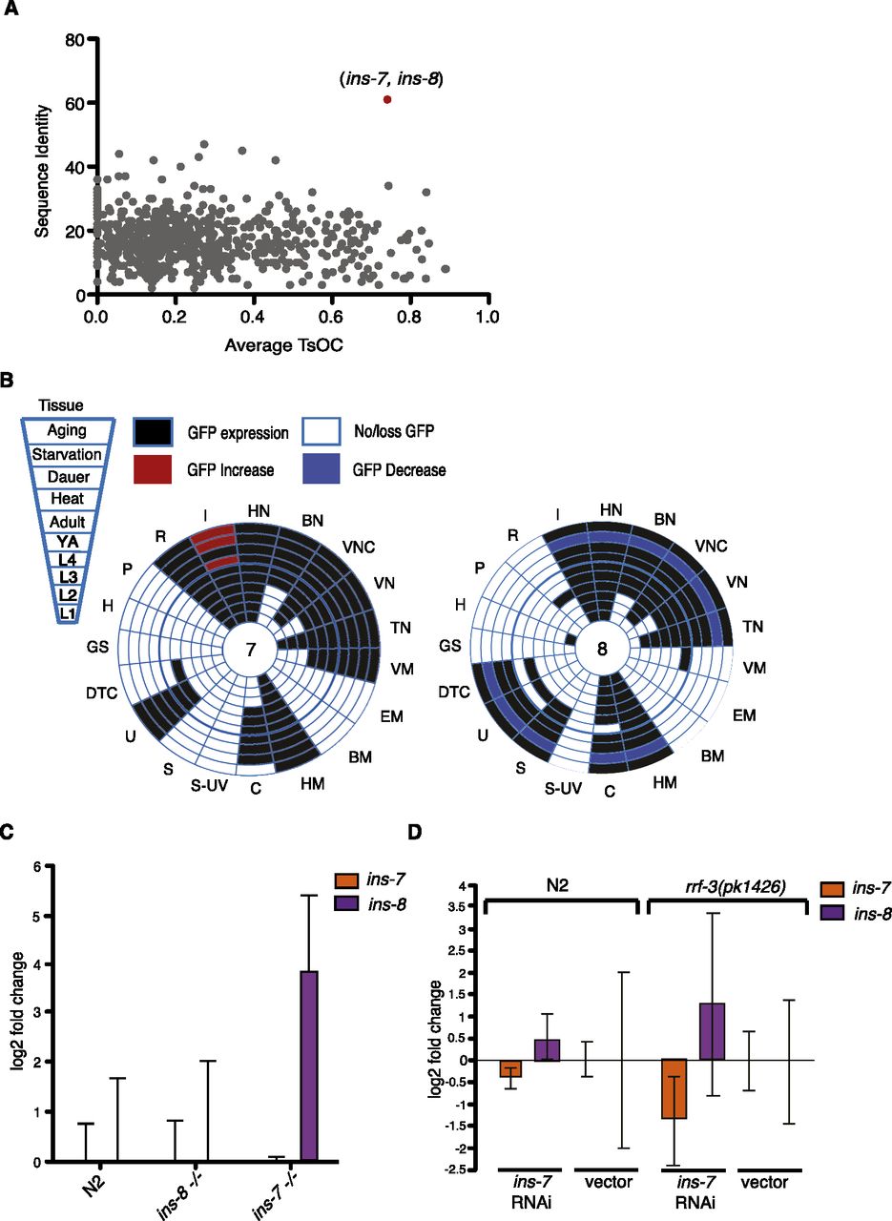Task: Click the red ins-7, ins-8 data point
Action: [387, 99]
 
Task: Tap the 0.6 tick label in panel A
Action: [331, 315]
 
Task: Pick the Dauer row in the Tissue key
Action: [67, 475]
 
